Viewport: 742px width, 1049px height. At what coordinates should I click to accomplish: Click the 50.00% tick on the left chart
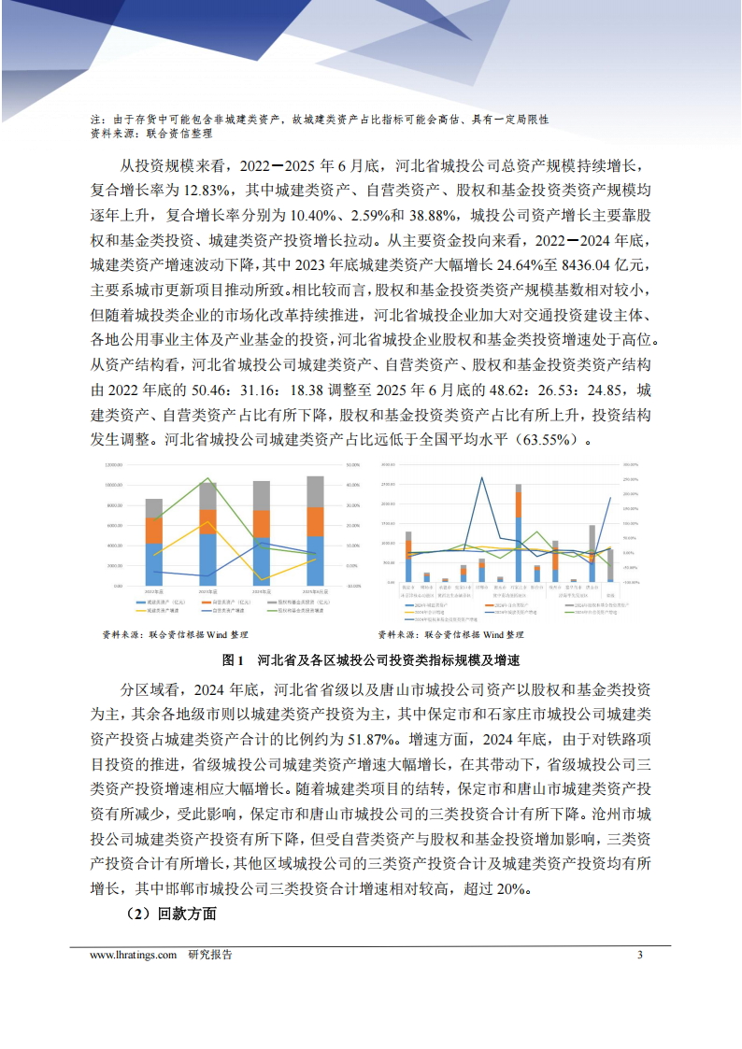click(x=353, y=464)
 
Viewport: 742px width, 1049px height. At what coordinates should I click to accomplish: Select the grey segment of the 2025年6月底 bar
click(x=316, y=491)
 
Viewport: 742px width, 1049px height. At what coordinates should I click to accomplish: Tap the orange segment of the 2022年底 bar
click(x=154, y=531)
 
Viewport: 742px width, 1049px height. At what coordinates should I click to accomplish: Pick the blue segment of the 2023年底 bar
click(x=208, y=556)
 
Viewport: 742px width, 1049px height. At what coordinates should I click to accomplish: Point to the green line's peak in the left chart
click(x=208, y=479)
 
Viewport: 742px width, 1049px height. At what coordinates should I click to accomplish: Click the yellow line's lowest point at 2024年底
click(x=263, y=580)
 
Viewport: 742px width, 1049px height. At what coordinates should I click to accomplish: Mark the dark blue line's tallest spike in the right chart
click(x=482, y=477)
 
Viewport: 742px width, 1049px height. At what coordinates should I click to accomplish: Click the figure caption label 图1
click(x=234, y=659)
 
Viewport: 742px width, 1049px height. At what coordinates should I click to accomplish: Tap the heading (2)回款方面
click(x=170, y=914)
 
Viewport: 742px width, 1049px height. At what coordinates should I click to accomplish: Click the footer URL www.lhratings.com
click(x=134, y=955)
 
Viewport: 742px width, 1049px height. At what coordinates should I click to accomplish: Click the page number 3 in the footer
click(x=640, y=955)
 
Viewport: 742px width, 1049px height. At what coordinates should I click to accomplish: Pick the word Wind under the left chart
click(x=217, y=634)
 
